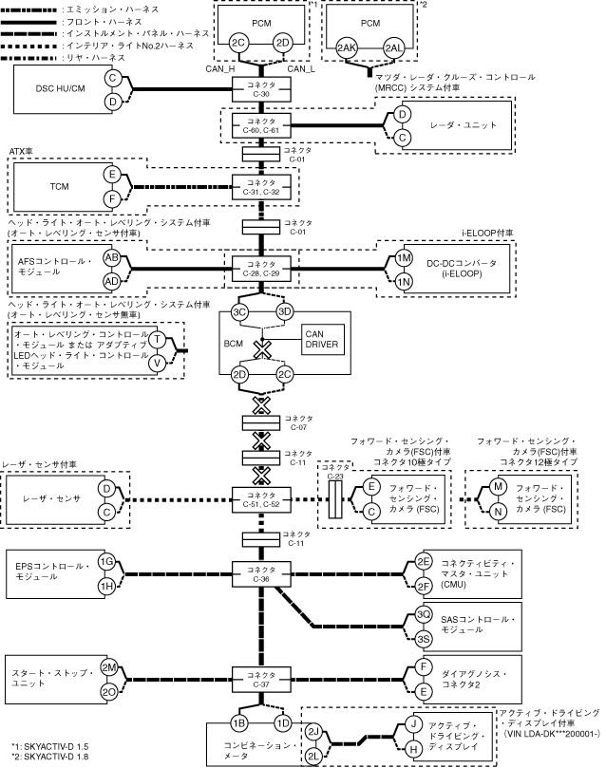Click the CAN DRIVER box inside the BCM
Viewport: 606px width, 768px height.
(x=322, y=340)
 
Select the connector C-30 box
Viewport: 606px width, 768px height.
(x=261, y=89)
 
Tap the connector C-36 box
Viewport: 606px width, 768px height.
(x=261, y=574)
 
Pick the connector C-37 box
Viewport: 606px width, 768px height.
(x=261, y=680)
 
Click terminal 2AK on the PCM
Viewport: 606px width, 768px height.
(x=347, y=48)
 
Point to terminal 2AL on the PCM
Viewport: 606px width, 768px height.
(x=393, y=48)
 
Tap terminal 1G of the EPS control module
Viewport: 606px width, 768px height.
(x=106, y=562)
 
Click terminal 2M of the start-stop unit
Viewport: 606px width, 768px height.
(x=108, y=667)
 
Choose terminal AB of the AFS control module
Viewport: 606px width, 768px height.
(x=112, y=258)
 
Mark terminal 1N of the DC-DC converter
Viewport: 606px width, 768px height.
(x=403, y=282)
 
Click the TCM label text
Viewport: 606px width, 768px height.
(x=59, y=187)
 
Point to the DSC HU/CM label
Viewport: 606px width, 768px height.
(x=60, y=88)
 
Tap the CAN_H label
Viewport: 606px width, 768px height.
(x=220, y=69)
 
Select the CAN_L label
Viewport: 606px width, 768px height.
(x=301, y=69)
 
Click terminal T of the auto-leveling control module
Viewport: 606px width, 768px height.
(x=158, y=339)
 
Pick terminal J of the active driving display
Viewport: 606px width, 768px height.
(x=414, y=724)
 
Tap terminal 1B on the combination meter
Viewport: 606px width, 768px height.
(x=238, y=723)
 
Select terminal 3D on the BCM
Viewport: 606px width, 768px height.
(x=284, y=311)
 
